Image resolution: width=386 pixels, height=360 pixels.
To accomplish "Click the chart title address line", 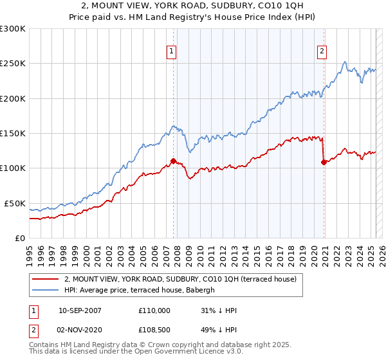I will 192,6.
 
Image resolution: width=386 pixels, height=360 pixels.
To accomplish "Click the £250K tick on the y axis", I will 13,64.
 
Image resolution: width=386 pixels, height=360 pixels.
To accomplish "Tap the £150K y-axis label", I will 13,133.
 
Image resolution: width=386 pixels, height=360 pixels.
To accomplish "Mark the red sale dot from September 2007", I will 174,161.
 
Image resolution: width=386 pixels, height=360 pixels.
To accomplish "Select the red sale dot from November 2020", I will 324,163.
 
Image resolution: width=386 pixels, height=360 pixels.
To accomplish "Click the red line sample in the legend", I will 46,279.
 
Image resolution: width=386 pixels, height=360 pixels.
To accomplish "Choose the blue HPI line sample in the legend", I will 46,290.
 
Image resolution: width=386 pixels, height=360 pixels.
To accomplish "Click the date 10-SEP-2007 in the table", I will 80,310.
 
